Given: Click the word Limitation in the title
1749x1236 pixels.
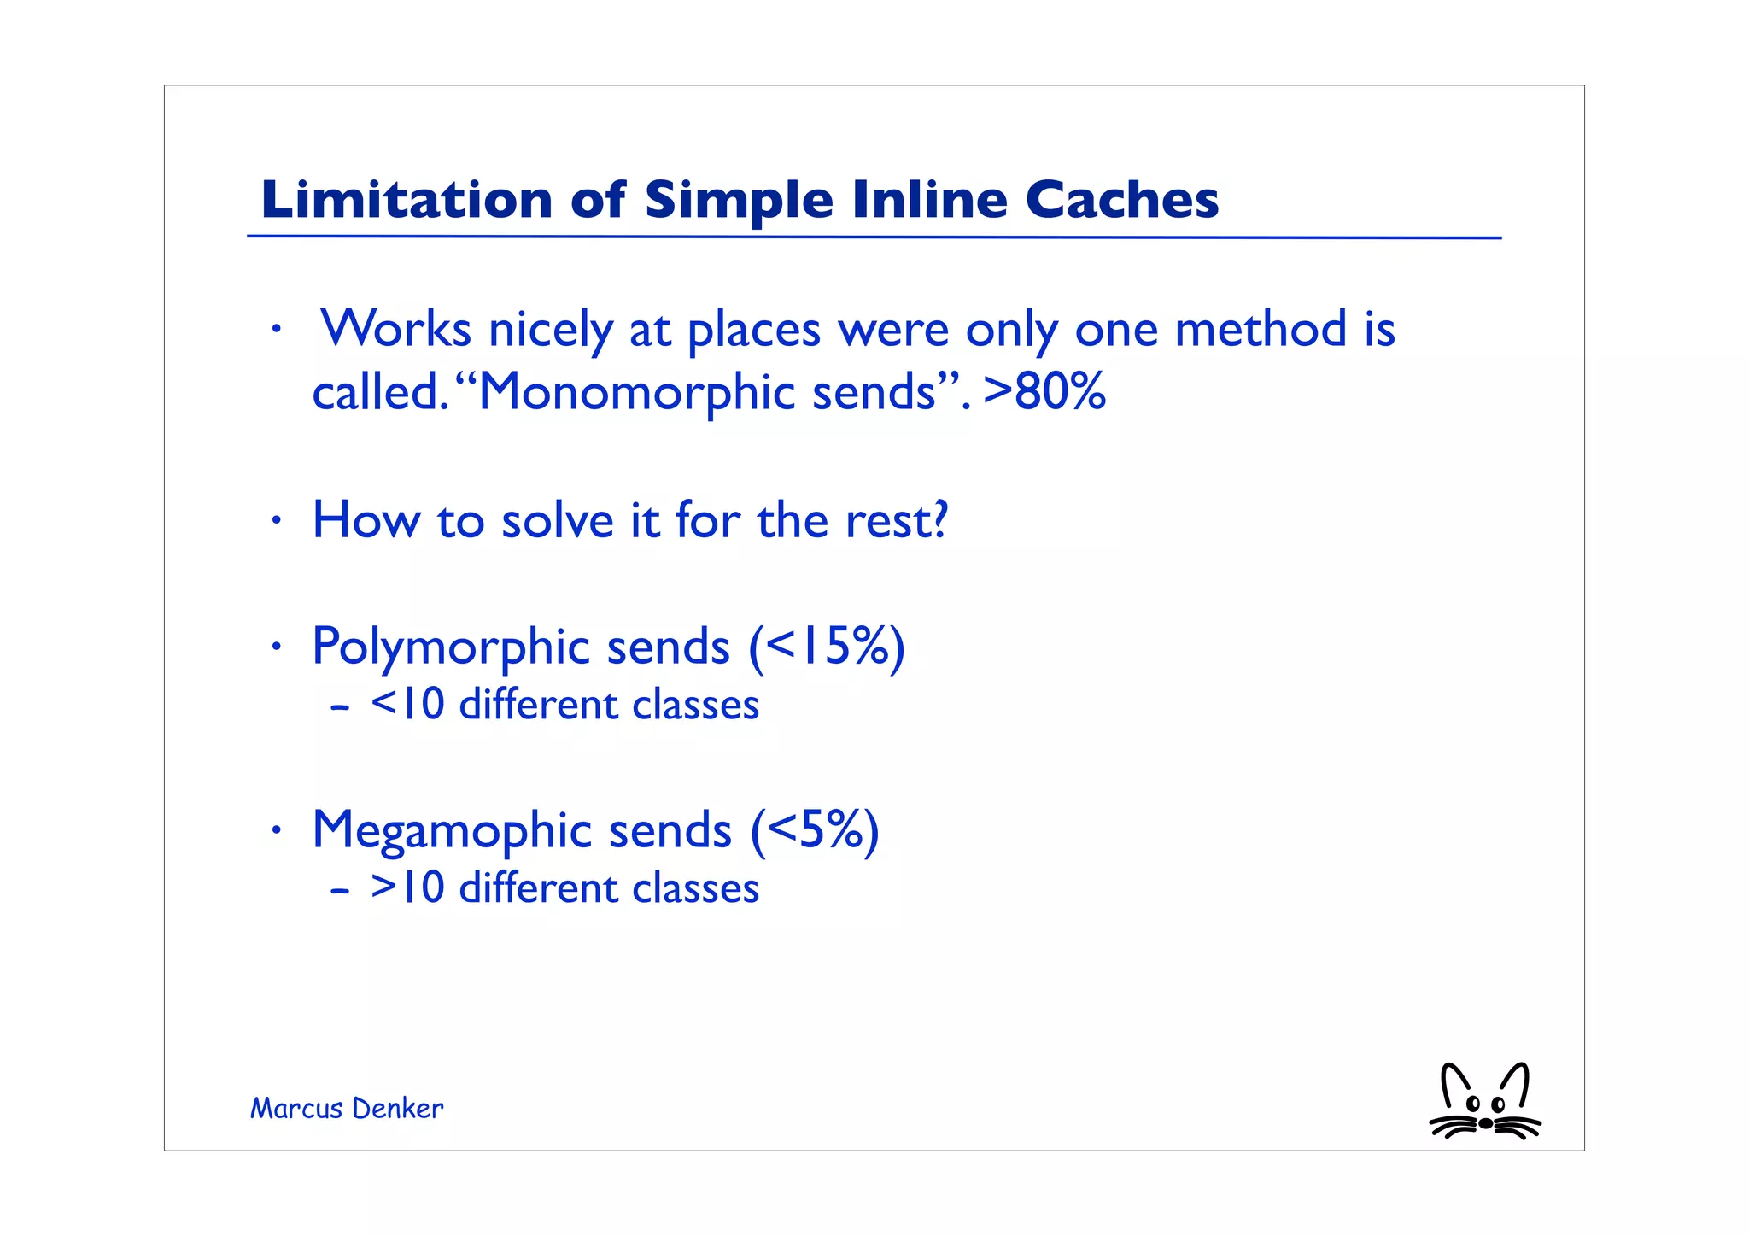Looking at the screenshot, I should point(407,200).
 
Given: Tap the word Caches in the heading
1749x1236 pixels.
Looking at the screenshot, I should point(1121,200).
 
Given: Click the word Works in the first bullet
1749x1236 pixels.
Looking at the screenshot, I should point(396,329).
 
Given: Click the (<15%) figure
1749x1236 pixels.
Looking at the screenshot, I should point(826,647).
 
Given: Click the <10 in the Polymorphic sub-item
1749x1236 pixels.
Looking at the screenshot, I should point(407,706).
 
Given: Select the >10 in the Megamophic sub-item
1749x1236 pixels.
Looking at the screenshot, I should point(407,888).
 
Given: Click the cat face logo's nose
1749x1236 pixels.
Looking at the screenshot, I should point(1485,1123).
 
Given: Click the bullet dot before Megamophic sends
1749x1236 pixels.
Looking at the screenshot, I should point(275,830).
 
